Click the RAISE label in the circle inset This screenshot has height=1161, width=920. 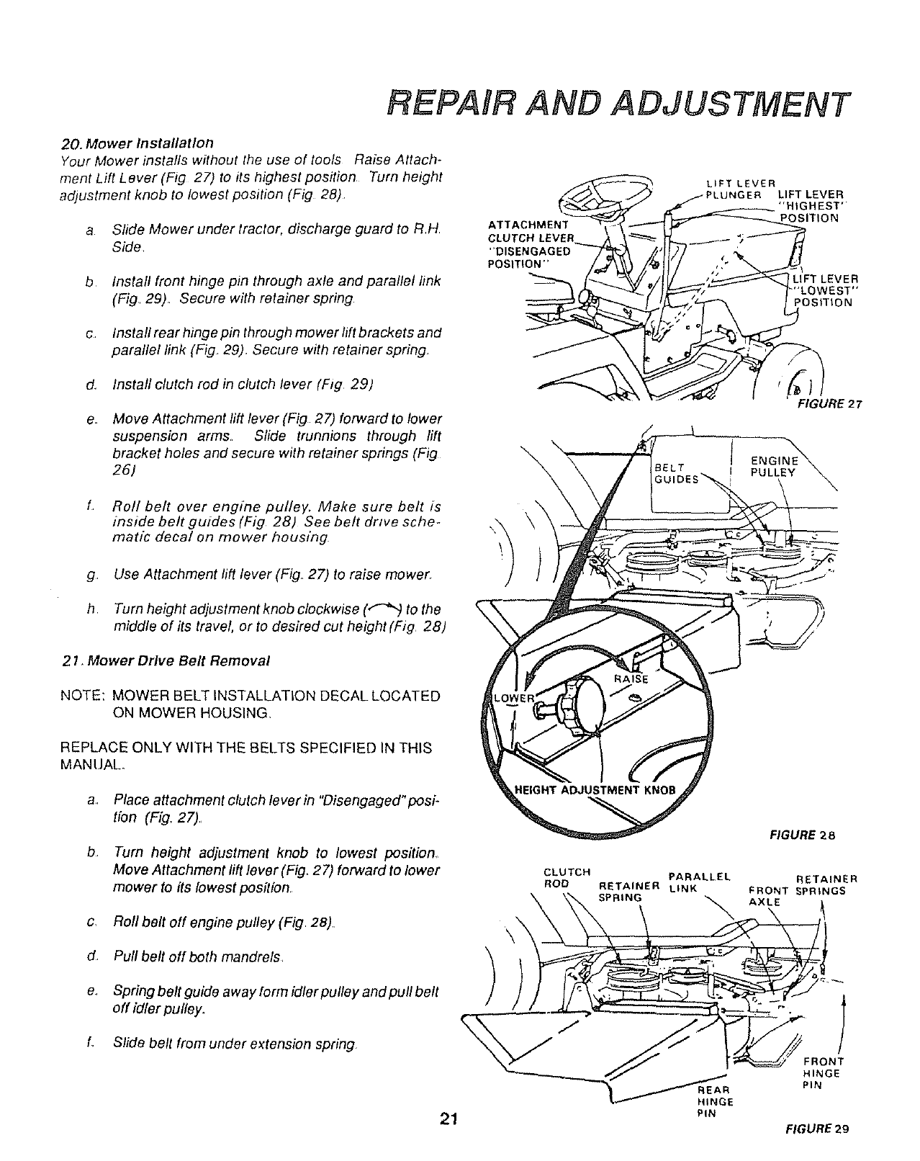pos(631,678)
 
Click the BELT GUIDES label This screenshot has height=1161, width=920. pos(675,473)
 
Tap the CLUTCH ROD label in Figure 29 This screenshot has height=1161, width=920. pos(567,879)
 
